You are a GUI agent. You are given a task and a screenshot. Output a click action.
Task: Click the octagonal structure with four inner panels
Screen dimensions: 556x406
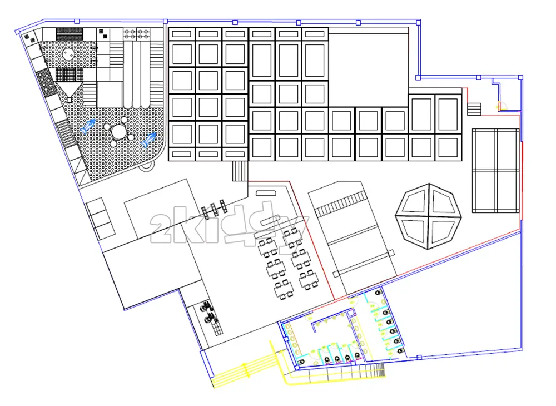click(428, 216)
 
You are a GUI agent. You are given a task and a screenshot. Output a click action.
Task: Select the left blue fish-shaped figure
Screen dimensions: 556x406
click(88, 127)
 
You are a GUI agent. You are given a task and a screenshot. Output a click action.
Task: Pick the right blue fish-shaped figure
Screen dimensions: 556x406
click(148, 140)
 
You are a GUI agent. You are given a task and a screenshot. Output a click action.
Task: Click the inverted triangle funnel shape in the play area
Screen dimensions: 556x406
click(69, 89)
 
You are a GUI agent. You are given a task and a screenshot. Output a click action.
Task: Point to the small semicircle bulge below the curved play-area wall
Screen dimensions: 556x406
click(146, 167)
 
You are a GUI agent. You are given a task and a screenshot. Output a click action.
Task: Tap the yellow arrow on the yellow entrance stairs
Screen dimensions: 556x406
click(244, 370)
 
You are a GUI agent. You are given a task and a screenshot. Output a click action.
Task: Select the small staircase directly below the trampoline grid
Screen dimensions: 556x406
click(240, 171)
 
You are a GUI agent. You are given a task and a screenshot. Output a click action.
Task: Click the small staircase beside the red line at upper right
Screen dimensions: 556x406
click(474, 109)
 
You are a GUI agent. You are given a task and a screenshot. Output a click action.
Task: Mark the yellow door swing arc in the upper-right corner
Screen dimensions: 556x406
click(502, 106)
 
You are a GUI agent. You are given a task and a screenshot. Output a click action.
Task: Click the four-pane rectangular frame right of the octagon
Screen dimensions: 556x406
click(496, 171)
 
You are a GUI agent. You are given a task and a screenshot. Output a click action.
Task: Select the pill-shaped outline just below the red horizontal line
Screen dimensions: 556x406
click(266, 193)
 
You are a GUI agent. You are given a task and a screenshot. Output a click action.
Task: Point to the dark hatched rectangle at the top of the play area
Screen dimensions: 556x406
click(69, 34)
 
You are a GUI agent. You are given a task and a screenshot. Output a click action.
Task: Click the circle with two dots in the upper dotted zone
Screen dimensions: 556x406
click(68, 55)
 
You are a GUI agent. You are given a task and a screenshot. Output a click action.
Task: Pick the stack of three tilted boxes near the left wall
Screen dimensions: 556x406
click(100, 217)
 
